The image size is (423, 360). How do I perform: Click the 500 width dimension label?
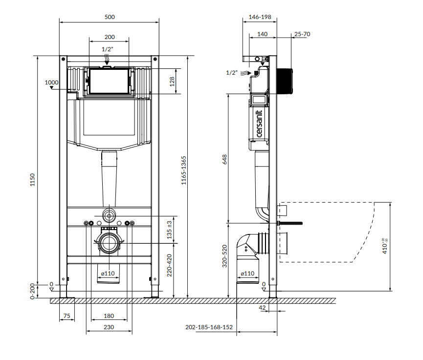(x=110, y=17)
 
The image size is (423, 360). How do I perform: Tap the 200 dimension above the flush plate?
(x=110, y=37)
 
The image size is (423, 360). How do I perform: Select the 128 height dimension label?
(x=172, y=82)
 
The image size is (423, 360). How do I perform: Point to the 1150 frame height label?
(x=32, y=180)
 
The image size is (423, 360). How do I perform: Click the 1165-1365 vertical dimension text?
(x=184, y=170)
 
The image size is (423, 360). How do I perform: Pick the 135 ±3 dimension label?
(x=169, y=230)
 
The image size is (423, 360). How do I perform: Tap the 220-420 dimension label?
(x=169, y=265)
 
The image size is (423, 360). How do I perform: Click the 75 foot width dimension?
(x=67, y=316)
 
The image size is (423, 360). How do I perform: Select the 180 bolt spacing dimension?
(x=109, y=316)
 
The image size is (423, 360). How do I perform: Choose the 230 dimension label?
(x=109, y=327)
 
